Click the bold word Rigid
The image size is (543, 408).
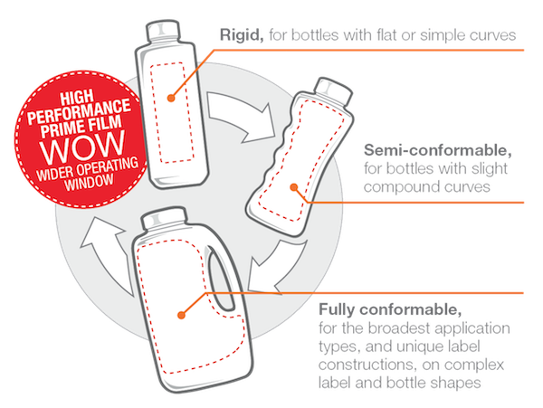(x=242, y=35)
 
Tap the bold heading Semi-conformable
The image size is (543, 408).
(x=438, y=150)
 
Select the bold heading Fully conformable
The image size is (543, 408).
(x=390, y=309)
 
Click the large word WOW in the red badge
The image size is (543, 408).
(x=82, y=147)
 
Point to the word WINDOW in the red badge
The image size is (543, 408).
(x=89, y=182)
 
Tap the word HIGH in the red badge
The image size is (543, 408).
(x=77, y=97)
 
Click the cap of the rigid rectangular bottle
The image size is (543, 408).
(x=162, y=31)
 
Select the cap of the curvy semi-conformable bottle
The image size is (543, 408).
(x=333, y=89)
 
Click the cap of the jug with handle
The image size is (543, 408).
(x=163, y=218)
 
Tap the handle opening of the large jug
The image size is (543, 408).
(x=222, y=278)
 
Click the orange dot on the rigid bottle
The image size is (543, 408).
(x=171, y=99)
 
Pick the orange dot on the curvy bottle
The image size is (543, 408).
(x=294, y=187)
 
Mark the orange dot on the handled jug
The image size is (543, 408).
(x=181, y=315)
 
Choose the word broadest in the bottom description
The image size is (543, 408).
(x=398, y=328)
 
